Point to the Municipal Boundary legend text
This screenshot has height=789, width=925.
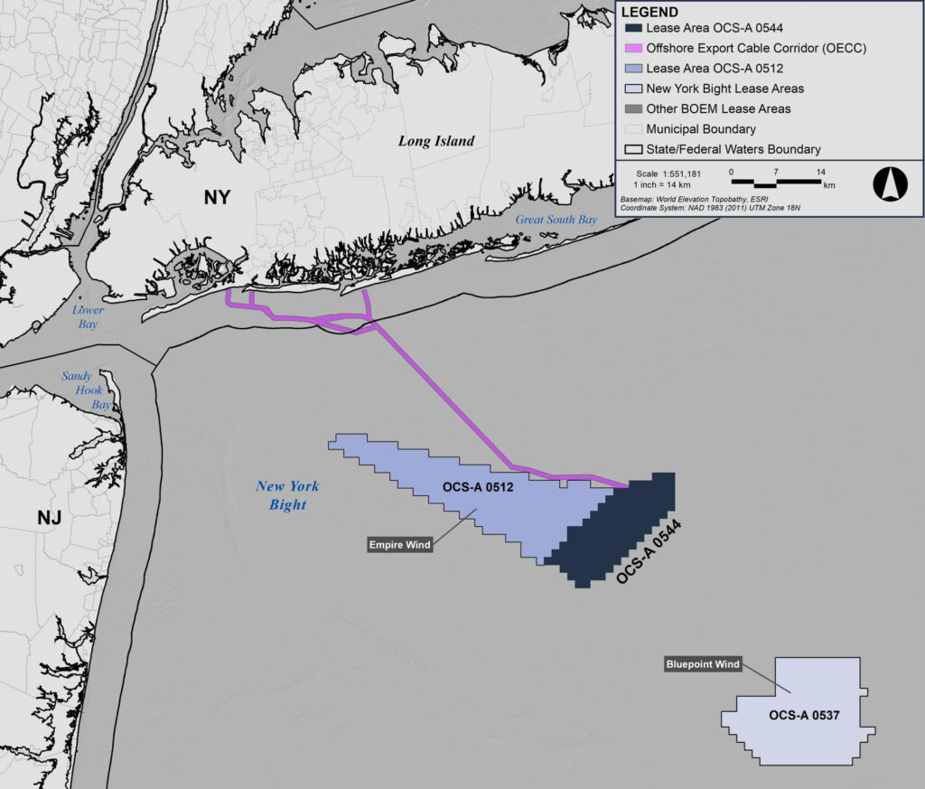tap(701, 129)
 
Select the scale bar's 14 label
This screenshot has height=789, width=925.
tap(820, 171)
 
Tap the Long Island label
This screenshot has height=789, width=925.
tap(436, 141)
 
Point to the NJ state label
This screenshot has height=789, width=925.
tap(51, 518)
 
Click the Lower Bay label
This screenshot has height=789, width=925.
tap(89, 316)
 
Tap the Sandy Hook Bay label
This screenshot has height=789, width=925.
tap(83, 390)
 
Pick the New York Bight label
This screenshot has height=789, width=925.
tap(287, 495)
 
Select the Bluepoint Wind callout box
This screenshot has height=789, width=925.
tap(703, 664)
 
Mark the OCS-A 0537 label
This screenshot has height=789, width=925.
tap(804, 716)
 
